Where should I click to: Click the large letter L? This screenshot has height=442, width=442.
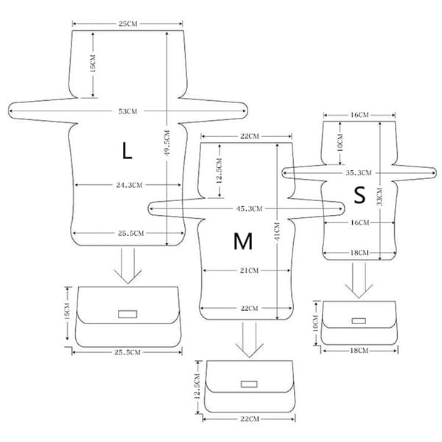point(127,151)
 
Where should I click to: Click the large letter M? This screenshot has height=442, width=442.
point(243,241)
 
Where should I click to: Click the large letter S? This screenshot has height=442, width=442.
point(359,195)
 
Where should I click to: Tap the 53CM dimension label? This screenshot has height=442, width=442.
point(127,111)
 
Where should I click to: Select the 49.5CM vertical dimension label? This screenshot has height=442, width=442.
point(167,143)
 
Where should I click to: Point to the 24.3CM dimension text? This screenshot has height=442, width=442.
point(129,185)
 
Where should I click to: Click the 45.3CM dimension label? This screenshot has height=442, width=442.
point(249,209)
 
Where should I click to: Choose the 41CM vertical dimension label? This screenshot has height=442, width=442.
point(277,231)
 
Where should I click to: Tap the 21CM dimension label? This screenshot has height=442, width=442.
point(249,270)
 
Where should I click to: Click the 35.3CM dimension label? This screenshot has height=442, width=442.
point(358,173)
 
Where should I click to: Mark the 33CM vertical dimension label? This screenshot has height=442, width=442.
point(379,197)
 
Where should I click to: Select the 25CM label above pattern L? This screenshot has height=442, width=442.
point(127,24)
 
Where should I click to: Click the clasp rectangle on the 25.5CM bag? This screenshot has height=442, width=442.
point(127,314)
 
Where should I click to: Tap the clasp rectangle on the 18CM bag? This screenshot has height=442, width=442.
point(359,320)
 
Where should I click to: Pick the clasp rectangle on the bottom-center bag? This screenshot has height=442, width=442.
point(249,384)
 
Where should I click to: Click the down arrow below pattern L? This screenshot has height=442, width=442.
point(127,266)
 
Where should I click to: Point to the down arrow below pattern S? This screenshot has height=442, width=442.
point(359,281)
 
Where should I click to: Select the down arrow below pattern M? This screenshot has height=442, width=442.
point(249,340)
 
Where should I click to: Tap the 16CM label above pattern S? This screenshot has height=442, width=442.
point(359,115)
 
